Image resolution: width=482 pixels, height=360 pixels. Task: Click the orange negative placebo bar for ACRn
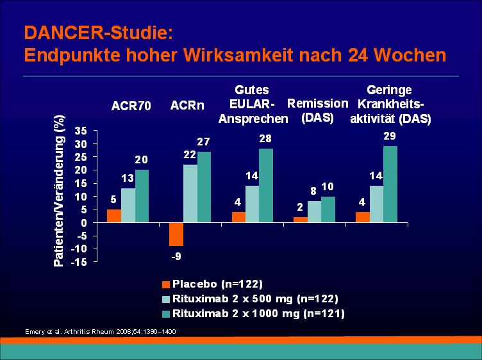point(176,234)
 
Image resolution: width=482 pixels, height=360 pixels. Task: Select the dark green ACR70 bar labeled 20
point(142,196)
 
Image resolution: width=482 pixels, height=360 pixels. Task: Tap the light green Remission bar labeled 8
point(315,211)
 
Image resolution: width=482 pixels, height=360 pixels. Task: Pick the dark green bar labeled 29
point(390,184)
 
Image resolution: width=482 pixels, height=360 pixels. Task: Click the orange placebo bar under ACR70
point(114,216)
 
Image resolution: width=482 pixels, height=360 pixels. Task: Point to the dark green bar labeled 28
point(266,186)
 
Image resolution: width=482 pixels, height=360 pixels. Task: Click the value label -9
point(176,256)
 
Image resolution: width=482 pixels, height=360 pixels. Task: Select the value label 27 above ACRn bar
point(203,142)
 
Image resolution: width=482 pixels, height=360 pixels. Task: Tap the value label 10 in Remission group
point(328,186)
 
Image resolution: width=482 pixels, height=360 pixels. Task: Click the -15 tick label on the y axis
point(79,262)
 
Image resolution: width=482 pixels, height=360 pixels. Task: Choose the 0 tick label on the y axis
point(85,222)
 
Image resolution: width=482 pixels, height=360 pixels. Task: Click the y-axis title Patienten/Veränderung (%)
point(59,191)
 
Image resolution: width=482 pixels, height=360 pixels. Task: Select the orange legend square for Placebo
point(166,285)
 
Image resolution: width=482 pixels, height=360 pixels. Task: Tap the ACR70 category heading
point(131,106)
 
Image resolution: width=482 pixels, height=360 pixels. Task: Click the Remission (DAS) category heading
point(317,111)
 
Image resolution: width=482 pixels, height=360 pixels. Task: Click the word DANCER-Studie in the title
point(96,33)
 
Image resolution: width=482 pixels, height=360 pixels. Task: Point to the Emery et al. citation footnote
point(101,332)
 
